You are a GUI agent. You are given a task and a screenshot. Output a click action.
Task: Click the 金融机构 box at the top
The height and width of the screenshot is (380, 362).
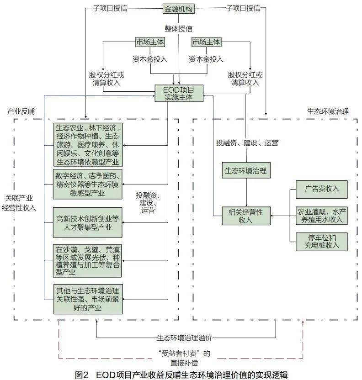pos(179,9)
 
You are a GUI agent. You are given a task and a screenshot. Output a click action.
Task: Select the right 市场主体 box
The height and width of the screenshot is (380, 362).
pos(206,42)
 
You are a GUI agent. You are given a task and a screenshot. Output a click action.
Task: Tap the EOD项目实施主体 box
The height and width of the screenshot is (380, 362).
pos(179,93)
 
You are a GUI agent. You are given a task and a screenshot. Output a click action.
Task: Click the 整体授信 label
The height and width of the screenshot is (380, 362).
pos(179,28)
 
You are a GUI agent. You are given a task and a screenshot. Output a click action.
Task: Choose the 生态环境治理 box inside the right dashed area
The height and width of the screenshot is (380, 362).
pos(245,171)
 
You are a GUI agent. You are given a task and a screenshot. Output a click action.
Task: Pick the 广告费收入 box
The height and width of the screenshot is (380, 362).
pos(321,189)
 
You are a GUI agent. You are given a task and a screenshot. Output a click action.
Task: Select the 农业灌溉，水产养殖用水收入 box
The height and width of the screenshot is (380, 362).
pos(321,216)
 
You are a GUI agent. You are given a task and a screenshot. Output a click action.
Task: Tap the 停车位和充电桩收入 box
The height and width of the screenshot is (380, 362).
pos(321,242)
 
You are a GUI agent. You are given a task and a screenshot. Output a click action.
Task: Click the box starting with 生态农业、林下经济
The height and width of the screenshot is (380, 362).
pos(87,144)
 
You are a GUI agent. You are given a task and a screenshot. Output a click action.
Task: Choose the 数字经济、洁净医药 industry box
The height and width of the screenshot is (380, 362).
pos(87,184)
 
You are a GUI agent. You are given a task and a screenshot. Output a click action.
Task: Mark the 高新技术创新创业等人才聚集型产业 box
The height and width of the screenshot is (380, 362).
pos(87,222)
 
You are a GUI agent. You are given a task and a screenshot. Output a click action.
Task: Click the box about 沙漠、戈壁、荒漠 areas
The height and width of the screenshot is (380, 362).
pos(87,261)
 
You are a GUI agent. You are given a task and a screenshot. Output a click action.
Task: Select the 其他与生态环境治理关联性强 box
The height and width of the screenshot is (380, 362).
pos(87,299)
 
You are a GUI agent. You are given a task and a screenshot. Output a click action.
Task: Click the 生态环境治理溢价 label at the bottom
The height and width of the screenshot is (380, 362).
pos(184,338)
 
